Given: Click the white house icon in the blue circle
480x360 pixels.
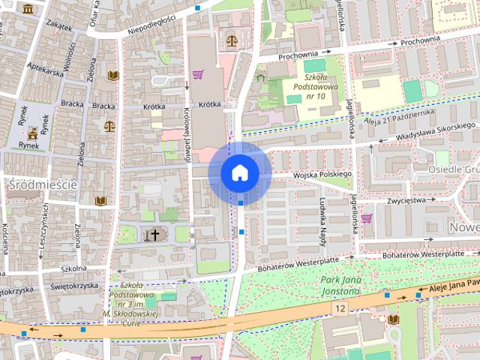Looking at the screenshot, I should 240,172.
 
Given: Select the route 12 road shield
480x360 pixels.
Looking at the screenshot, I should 340,307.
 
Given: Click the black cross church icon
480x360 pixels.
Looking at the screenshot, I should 155,235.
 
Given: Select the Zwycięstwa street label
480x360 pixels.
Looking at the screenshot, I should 406,200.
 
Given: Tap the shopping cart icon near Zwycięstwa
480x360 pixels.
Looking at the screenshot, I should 366,218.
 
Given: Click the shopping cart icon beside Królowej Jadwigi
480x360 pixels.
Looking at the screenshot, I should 198,73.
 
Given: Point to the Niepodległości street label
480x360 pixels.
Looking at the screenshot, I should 151,20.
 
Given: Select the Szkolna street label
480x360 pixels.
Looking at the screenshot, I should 73,268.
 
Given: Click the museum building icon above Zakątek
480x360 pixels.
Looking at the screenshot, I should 28,8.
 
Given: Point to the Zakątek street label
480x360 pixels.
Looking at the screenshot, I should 58,25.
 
